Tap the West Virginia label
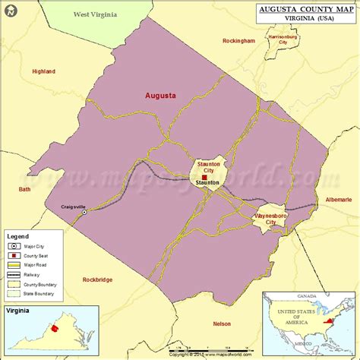[95, 14]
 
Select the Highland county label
[43, 71]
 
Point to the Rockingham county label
[239, 41]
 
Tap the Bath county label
[25, 189]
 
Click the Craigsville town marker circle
[84, 213]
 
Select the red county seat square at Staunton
[204, 177]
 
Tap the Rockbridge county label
[96, 278]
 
